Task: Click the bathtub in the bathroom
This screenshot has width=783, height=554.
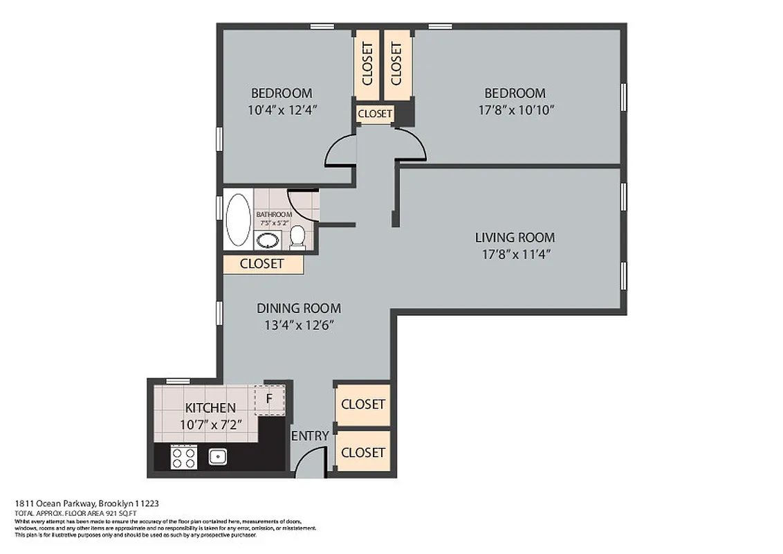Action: pos(238,220)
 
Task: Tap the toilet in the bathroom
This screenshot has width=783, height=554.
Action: pos(297,236)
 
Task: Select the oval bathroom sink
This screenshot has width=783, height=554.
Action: pos(267,240)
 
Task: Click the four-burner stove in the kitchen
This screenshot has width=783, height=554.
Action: pos(184,457)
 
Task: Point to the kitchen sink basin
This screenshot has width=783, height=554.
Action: pos(218,456)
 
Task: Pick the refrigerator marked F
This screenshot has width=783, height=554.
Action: pos(270,399)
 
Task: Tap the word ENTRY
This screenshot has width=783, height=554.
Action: pos(310,436)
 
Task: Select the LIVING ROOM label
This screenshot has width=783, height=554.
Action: pos(515,238)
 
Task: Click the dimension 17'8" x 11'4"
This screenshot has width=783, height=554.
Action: pos(515,254)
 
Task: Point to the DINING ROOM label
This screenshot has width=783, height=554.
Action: pos(299,309)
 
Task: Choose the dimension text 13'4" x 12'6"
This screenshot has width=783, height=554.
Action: pos(299,325)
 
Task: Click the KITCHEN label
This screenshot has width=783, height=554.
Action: pos(210,408)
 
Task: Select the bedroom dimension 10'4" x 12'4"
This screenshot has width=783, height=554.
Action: pos(282,109)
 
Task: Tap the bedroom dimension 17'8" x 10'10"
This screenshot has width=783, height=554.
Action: pos(515,109)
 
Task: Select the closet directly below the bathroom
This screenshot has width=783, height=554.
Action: pos(262,264)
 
